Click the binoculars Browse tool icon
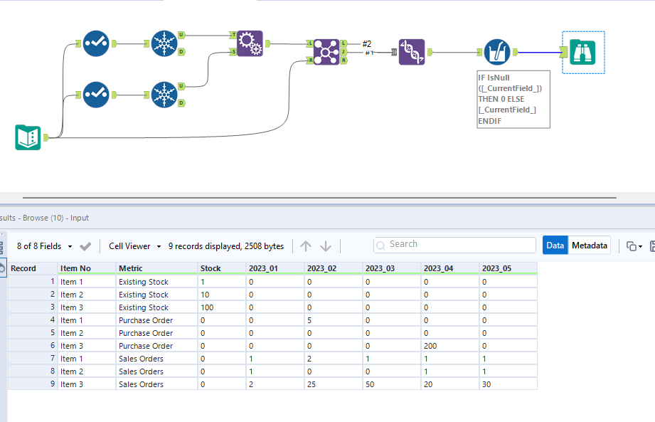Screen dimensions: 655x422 click(583, 52)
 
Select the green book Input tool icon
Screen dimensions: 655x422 click(28, 137)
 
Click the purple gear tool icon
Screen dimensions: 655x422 click(250, 43)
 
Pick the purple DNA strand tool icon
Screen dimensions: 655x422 click(412, 52)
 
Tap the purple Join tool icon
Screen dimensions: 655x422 click(326, 52)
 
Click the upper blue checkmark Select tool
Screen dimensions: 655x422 click(95, 43)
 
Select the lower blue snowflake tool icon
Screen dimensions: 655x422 click(164, 94)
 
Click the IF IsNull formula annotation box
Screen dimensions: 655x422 click(513, 99)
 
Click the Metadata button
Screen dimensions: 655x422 click(590, 246)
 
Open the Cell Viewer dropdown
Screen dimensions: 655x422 click(135, 246)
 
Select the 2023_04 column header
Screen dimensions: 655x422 click(438, 268)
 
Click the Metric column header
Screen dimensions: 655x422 click(131, 268)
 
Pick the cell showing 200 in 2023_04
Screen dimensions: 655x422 click(431, 346)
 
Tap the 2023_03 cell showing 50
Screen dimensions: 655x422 click(371, 384)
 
